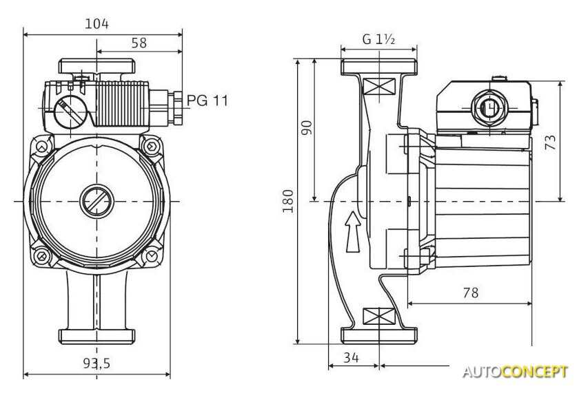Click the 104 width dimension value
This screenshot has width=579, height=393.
[97, 23]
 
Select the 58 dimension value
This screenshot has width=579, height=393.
[139, 43]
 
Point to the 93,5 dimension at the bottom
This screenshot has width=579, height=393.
[96, 364]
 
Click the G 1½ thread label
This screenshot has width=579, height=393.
[378, 39]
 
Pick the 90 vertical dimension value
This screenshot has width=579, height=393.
[307, 128]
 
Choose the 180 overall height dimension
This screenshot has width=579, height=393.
[288, 200]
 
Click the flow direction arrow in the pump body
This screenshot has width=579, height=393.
[352, 231]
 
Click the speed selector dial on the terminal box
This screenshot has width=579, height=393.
[69, 111]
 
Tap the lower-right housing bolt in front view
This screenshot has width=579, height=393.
[150, 256]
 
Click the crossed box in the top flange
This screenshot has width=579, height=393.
[378, 87]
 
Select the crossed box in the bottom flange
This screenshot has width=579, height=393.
[378, 317]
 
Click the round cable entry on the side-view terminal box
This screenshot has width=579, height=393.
[487, 109]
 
